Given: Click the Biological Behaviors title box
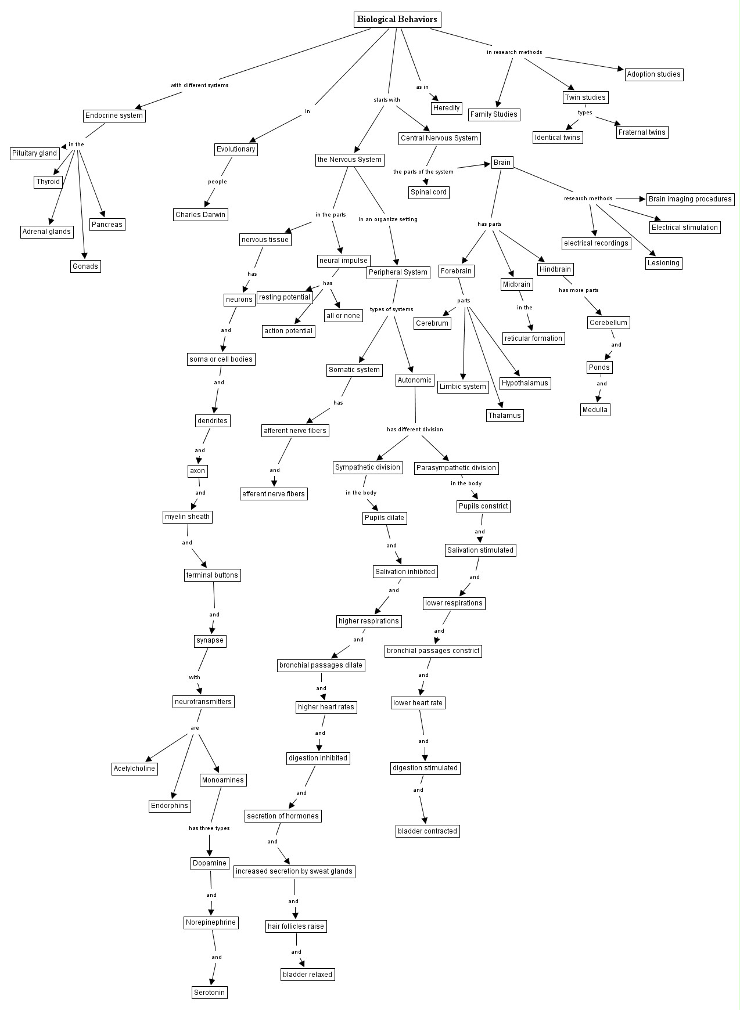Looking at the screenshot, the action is pyautogui.click(x=397, y=20).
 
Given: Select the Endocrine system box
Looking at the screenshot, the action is pyautogui.click(x=114, y=116).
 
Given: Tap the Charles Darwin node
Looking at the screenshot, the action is pyautogui.click(x=200, y=215).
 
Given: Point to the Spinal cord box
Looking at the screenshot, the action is pyautogui.click(x=429, y=192).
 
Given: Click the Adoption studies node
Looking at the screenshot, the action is pyautogui.click(x=653, y=74).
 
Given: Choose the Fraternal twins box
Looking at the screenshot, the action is pyautogui.click(x=642, y=132).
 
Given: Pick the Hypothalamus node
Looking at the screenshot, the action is pyautogui.click(x=525, y=383).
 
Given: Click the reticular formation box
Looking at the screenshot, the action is pyautogui.click(x=533, y=338).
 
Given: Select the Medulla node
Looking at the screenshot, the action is pyautogui.click(x=595, y=410).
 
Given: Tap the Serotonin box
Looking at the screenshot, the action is pyautogui.click(x=209, y=992).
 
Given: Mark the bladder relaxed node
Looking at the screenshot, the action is pyautogui.click(x=307, y=974).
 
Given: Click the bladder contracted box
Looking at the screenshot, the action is pyautogui.click(x=428, y=831).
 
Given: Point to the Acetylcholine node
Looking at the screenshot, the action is pyautogui.click(x=134, y=769).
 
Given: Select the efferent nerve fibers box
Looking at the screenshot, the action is pyautogui.click(x=274, y=494).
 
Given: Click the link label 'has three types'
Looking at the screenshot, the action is pyautogui.click(x=209, y=828).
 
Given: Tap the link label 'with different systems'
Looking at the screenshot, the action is pyautogui.click(x=199, y=85).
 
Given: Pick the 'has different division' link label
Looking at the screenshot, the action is pyautogui.click(x=415, y=430).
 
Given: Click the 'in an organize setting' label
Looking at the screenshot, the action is pyautogui.click(x=387, y=219).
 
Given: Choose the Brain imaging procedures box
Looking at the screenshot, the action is pyautogui.click(x=690, y=199).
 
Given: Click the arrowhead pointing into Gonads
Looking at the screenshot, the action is pyautogui.click(x=85, y=256).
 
